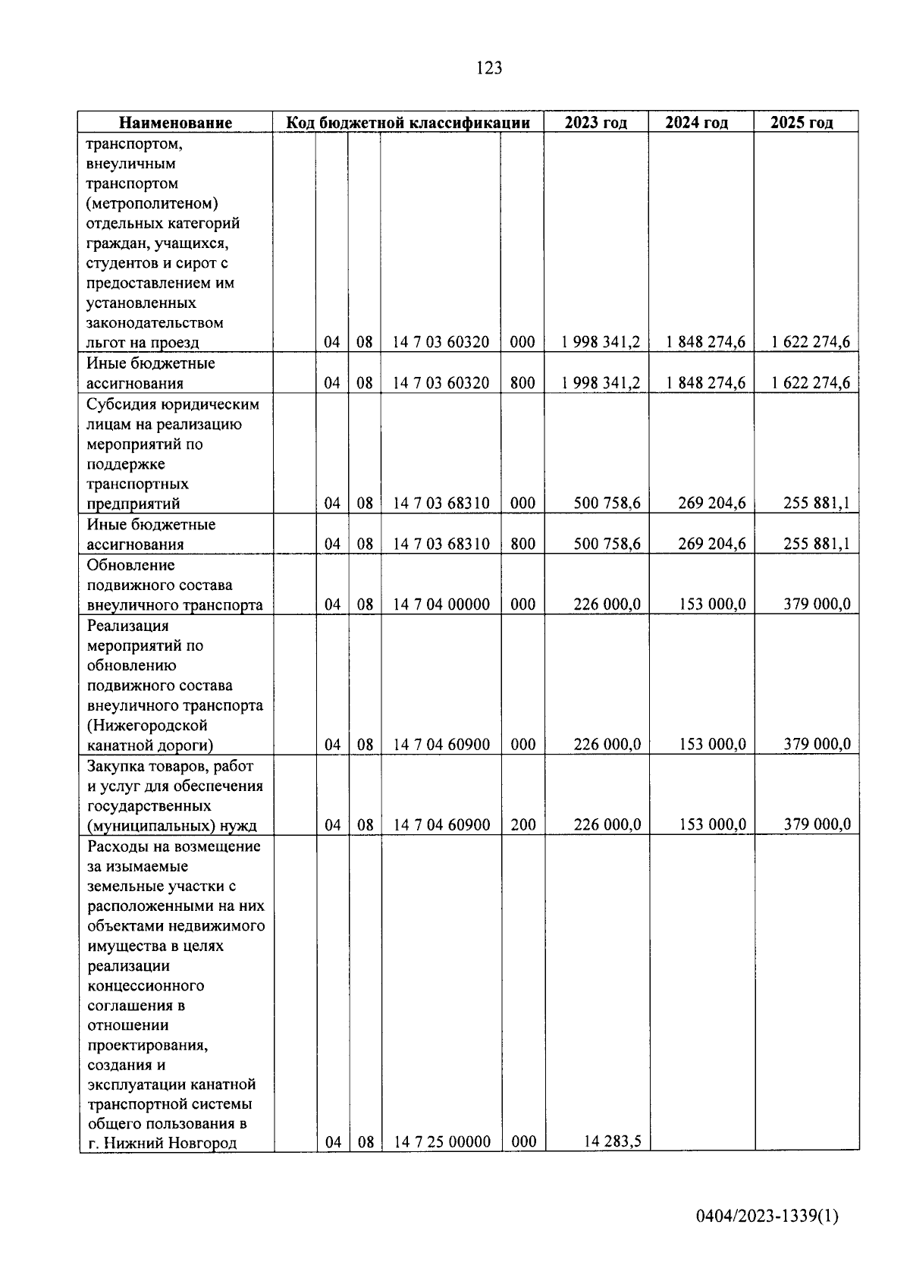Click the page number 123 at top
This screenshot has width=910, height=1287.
[489, 68]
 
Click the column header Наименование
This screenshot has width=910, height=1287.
[175, 123]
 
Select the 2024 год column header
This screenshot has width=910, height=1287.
[697, 123]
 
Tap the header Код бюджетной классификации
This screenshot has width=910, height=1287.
[407, 123]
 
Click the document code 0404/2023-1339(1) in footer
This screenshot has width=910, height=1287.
[767, 1216]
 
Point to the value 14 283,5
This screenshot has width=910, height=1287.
[612, 1141]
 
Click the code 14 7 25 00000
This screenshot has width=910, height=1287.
[441, 1141]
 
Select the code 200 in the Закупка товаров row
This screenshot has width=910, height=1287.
[522, 824]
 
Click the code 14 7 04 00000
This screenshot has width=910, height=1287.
[441, 604]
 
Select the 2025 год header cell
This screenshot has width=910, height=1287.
[802, 123]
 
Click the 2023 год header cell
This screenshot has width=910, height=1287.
[595, 123]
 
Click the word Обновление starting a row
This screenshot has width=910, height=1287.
[130, 565]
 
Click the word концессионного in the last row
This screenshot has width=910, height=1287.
[146, 986]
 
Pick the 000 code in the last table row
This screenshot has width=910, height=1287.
[523, 1141]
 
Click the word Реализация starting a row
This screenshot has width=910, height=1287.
[127, 626]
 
